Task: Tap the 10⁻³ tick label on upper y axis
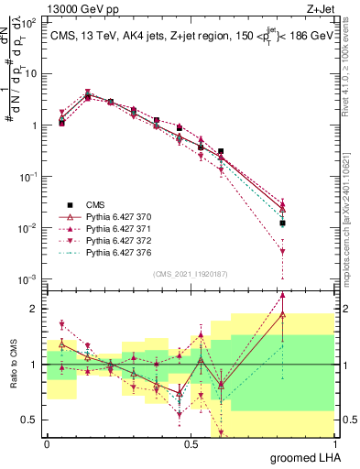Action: (28, 278)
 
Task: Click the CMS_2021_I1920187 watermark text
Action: (190, 273)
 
